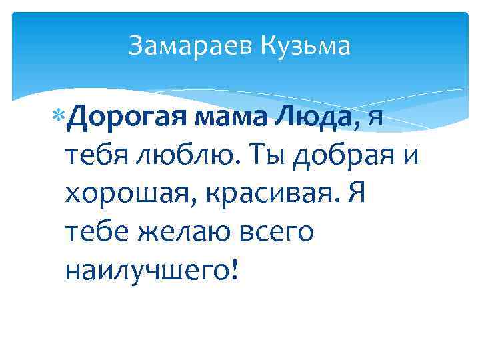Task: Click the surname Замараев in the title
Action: (189, 46)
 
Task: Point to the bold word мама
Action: (223, 120)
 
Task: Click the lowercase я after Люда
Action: (375, 121)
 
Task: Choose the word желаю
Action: (177, 234)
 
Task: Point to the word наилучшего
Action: (145, 271)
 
